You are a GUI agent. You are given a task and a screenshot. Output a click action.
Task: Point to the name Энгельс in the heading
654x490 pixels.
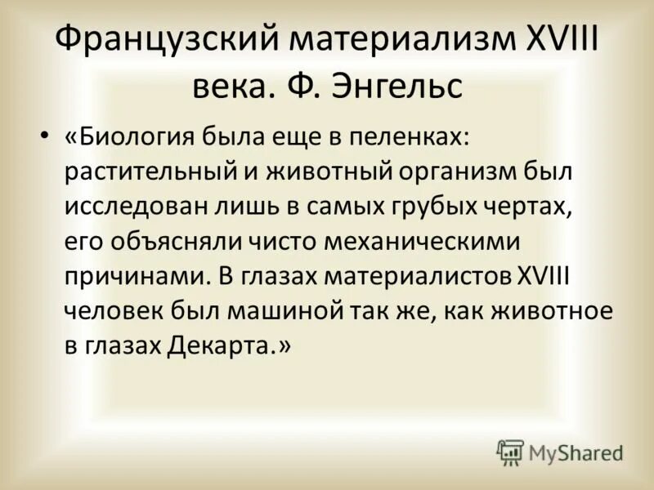click(x=398, y=85)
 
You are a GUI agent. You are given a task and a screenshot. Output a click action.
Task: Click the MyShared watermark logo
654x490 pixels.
click(x=560, y=452)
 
